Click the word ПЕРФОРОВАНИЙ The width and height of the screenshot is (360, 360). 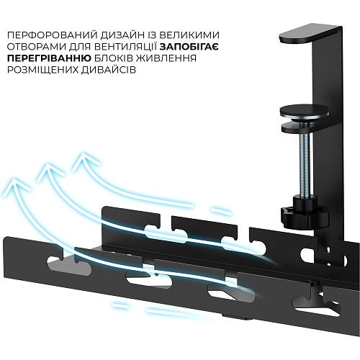click(x=53, y=35)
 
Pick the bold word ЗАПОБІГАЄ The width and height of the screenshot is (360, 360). click(x=189, y=47)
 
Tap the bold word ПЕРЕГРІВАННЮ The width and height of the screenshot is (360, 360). click(x=49, y=58)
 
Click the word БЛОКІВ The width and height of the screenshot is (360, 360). click(x=114, y=58)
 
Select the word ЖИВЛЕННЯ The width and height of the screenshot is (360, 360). click(x=166, y=58)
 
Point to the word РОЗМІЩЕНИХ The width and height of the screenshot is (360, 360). click(x=42, y=70)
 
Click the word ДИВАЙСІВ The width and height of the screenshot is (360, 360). click(x=109, y=70)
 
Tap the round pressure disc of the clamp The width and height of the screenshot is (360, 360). click(x=305, y=113)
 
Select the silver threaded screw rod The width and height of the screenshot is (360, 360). click(x=305, y=166)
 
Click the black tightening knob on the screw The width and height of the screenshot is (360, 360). click(x=305, y=215)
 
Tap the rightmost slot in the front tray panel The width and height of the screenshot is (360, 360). click(x=316, y=305)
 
